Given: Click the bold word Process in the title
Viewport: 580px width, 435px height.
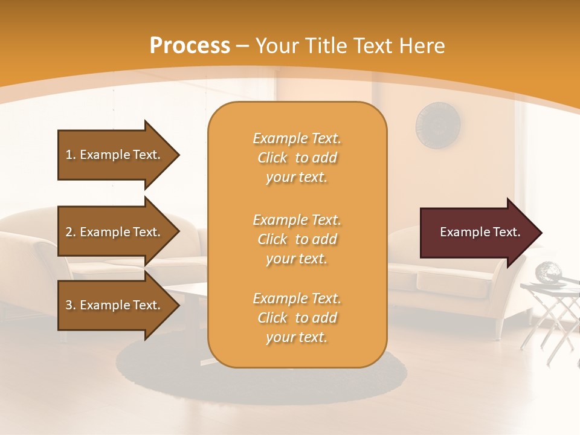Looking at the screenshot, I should (190, 46).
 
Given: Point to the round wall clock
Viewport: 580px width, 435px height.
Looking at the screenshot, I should (438, 126).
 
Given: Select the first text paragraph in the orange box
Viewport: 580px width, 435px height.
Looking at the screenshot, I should (297, 158).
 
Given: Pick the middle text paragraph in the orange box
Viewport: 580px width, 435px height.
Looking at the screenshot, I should (297, 239).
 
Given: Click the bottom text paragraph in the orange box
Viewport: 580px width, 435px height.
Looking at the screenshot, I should (297, 318).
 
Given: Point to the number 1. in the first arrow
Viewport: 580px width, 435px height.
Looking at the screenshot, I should (71, 155).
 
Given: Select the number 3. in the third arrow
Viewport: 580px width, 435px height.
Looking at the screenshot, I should (71, 305).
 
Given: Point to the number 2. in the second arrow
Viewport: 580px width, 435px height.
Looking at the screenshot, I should (71, 232).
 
